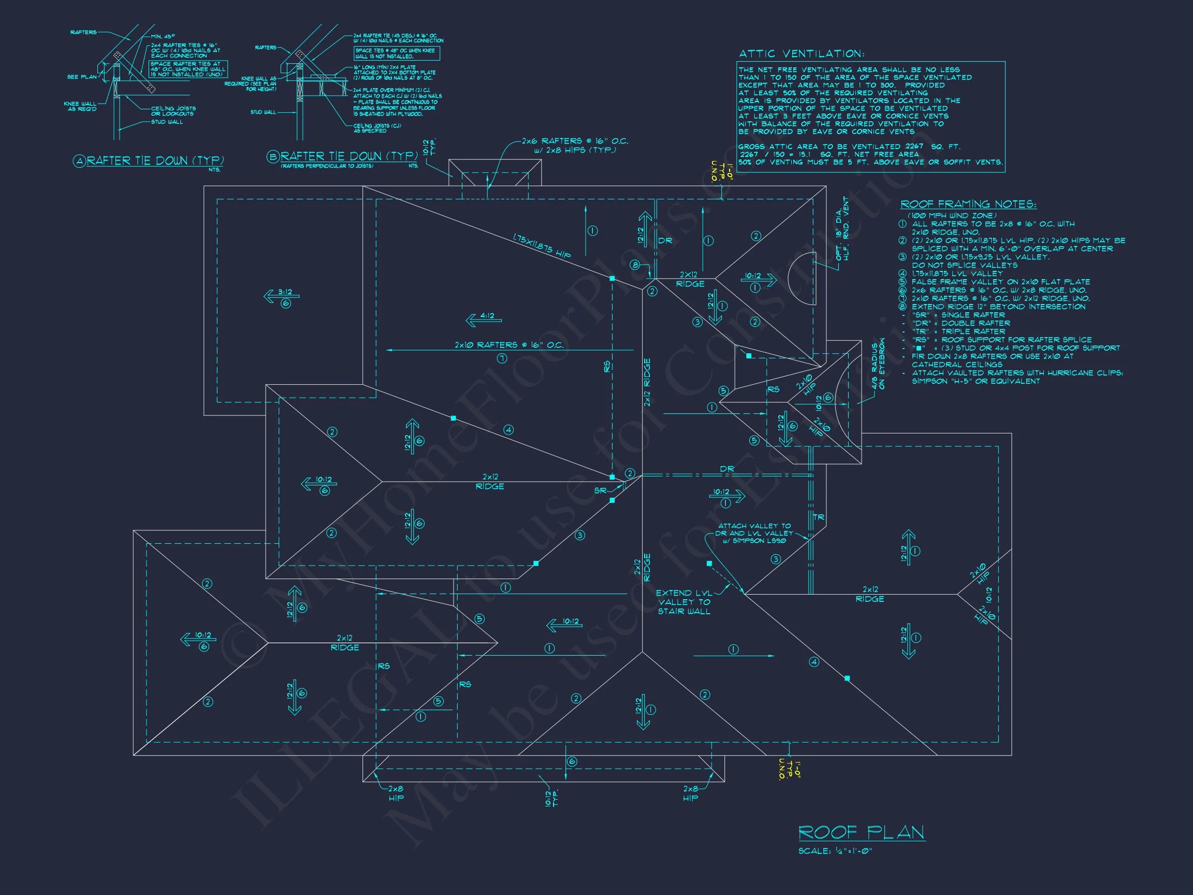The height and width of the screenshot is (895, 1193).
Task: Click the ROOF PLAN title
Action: coord(861,832)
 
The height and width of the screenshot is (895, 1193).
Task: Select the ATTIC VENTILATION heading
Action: coord(802,54)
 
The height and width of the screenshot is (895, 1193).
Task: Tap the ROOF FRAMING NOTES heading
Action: coord(968,204)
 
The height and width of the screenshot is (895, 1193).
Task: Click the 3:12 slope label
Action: coord(285,293)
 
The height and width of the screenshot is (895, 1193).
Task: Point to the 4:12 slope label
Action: coord(487,316)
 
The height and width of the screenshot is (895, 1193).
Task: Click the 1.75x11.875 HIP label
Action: coord(541,246)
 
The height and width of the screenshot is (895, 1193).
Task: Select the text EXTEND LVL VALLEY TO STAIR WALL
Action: coord(684,602)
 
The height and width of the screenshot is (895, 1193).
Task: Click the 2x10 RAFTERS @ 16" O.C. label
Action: coord(508,345)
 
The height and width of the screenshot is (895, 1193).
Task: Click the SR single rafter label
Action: coord(600,490)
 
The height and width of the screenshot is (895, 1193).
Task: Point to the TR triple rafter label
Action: coord(818,517)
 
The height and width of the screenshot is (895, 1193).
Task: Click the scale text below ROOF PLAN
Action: coord(835,851)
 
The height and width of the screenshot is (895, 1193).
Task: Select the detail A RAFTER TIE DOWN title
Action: coord(155,161)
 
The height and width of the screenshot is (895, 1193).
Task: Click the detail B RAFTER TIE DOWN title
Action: coord(349,156)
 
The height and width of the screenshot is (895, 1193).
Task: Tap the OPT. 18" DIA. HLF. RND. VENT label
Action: coord(842,229)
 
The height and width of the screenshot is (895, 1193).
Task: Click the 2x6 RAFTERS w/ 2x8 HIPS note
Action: coord(574,145)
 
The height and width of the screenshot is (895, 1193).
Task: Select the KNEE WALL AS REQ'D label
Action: coord(80,106)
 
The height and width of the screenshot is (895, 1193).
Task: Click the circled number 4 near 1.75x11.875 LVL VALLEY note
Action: coord(903,273)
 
